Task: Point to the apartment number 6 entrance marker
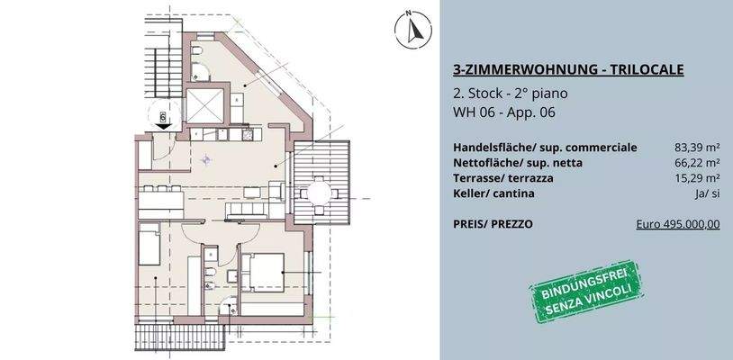pyautogui.click(x=163, y=117)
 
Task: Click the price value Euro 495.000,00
pyautogui.click(x=676, y=225)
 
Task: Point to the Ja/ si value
pyautogui.click(x=707, y=193)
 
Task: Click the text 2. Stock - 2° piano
pyautogui.click(x=511, y=94)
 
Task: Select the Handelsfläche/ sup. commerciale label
pyautogui.click(x=546, y=148)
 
